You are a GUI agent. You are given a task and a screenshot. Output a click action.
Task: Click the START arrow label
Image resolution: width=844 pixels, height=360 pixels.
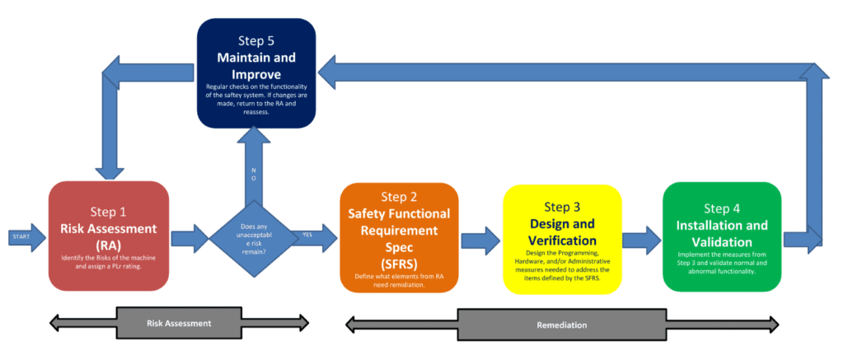pos(20,237)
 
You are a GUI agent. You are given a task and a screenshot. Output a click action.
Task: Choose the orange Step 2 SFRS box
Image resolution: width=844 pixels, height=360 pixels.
pos(400,237)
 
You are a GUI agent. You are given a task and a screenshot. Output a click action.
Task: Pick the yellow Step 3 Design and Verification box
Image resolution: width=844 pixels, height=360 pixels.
pos(561,239)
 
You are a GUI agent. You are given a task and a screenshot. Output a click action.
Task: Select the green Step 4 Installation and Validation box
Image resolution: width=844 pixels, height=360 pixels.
pos(722,236)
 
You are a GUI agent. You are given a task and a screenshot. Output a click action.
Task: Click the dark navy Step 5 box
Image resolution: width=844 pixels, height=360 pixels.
pos(256,73)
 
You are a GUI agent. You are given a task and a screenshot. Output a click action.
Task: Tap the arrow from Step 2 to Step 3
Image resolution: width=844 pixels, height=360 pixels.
pos(481,240)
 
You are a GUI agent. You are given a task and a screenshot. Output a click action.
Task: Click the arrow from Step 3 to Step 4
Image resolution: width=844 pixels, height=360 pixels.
pos(641,239)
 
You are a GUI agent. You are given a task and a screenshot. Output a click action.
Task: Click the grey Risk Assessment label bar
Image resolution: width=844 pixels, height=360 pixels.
pos(178,323)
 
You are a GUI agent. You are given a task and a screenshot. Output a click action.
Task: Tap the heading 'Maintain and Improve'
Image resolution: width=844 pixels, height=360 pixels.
pos(256,65)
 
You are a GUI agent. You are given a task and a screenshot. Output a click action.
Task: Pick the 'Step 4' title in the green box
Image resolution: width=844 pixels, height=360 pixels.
pos(722,208)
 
